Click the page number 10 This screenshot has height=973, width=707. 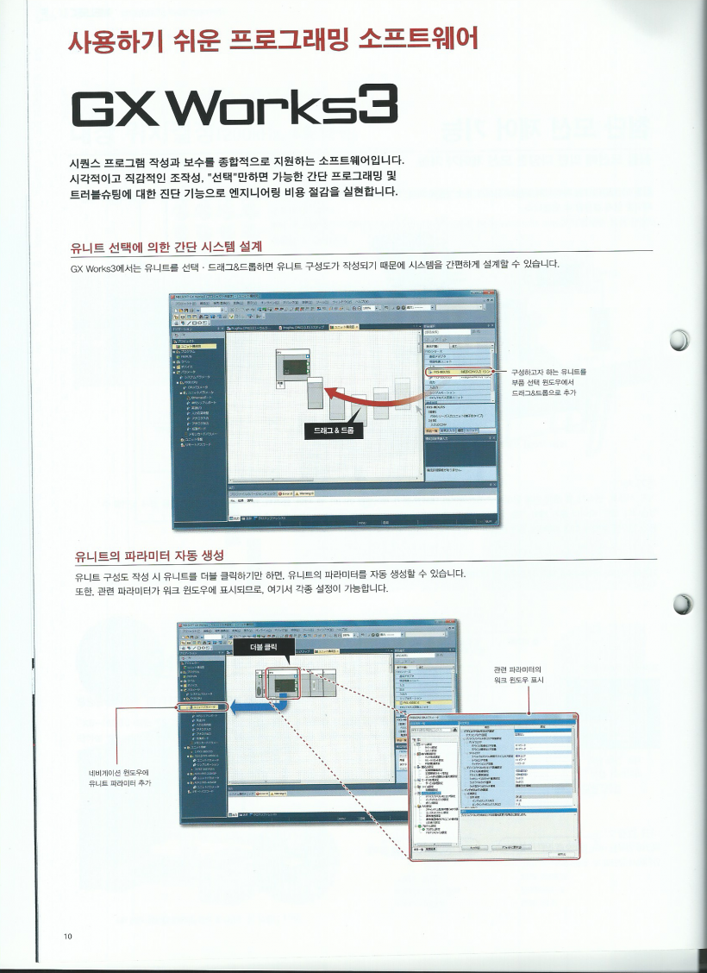pos(66,938)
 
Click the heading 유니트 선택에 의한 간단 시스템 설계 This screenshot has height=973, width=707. pos(165,248)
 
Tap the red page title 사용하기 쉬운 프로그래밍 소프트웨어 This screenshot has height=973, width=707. pos(272,39)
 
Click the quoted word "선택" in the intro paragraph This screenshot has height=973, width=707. pos(228,175)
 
